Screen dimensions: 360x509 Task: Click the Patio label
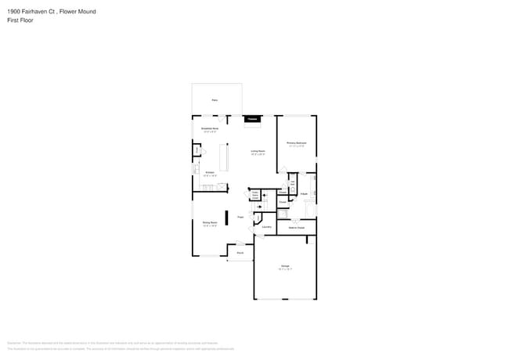click(215, 100)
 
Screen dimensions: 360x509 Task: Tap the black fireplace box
click(251, 119)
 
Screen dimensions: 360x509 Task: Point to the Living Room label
click(258, 151)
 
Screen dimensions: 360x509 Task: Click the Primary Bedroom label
click(296, 143)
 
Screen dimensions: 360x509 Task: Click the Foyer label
click(241, 217)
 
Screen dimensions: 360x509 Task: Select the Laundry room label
click(266, 227)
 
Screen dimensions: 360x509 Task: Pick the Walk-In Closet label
click(296, 228)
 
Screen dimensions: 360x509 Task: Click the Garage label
click(285, 267)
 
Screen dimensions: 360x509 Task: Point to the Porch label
click(240, 253)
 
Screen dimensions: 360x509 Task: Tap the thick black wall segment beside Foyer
click(227, 218)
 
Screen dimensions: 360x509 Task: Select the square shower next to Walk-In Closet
click(283, 214)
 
